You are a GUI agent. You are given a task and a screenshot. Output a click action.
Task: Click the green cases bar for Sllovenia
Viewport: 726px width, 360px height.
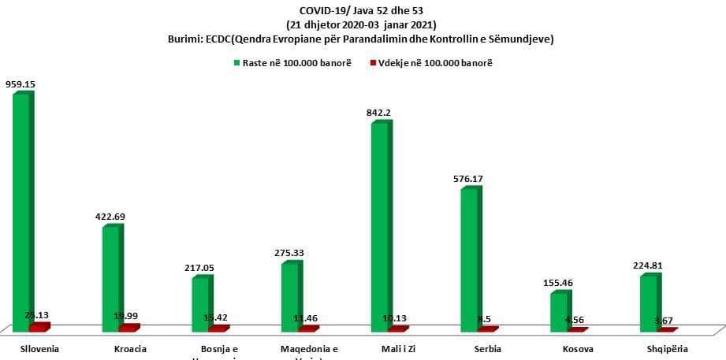coord(21,209)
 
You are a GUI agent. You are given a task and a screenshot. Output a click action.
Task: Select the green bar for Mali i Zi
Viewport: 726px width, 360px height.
coord(379,225)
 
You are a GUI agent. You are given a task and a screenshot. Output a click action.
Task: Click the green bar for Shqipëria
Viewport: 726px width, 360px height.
coord(648,302)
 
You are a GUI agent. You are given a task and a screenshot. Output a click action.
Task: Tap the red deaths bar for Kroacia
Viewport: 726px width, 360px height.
coord(128,327)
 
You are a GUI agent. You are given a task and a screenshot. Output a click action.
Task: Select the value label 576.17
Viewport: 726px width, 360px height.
coord(467,179)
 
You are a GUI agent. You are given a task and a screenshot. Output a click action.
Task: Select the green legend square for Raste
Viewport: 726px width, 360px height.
coord(236,63)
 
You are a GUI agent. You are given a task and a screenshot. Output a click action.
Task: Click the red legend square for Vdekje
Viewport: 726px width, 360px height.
coord(371,63)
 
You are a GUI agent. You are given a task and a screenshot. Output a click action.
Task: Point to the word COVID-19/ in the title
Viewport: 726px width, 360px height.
coord(322,10)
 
